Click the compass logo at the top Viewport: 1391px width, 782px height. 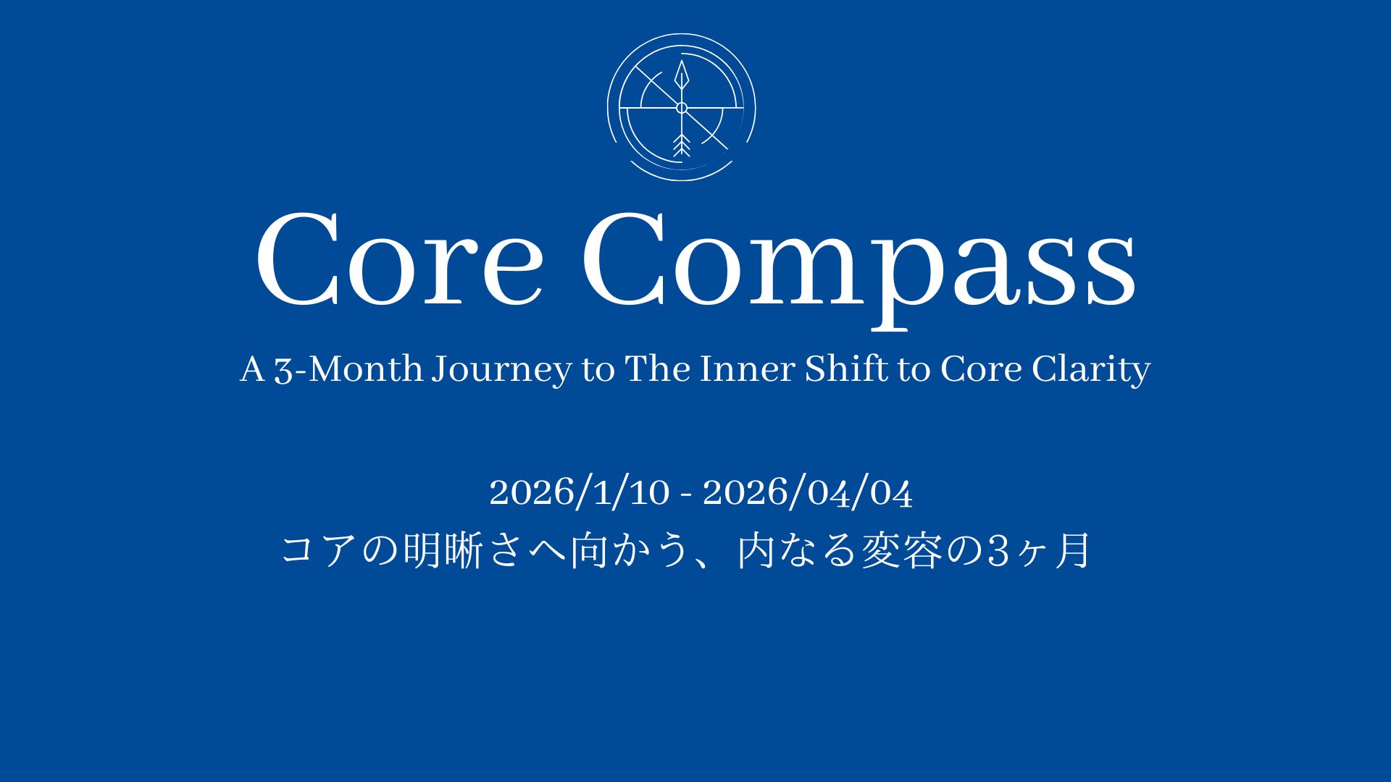click(x=681, y=107)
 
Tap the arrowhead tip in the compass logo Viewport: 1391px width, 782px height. click(x=681, y=61)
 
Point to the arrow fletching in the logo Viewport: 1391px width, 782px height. click(x=680, y=146)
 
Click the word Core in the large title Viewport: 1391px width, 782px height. click(x=399, y=260)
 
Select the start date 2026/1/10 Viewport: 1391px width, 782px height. click(x=580, y=493)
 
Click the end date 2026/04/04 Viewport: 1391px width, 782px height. click(x=808, y=493)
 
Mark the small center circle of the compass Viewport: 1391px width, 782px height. click(x=681, y=108)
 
